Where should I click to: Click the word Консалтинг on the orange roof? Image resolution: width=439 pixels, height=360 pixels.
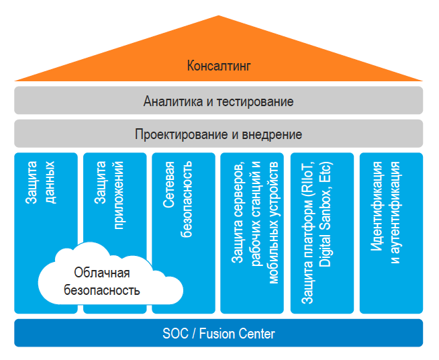click(219, 66)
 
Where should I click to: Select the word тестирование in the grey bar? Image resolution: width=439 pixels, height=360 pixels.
click(256, 102)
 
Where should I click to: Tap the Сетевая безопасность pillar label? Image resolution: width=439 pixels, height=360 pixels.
click(179, 199)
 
